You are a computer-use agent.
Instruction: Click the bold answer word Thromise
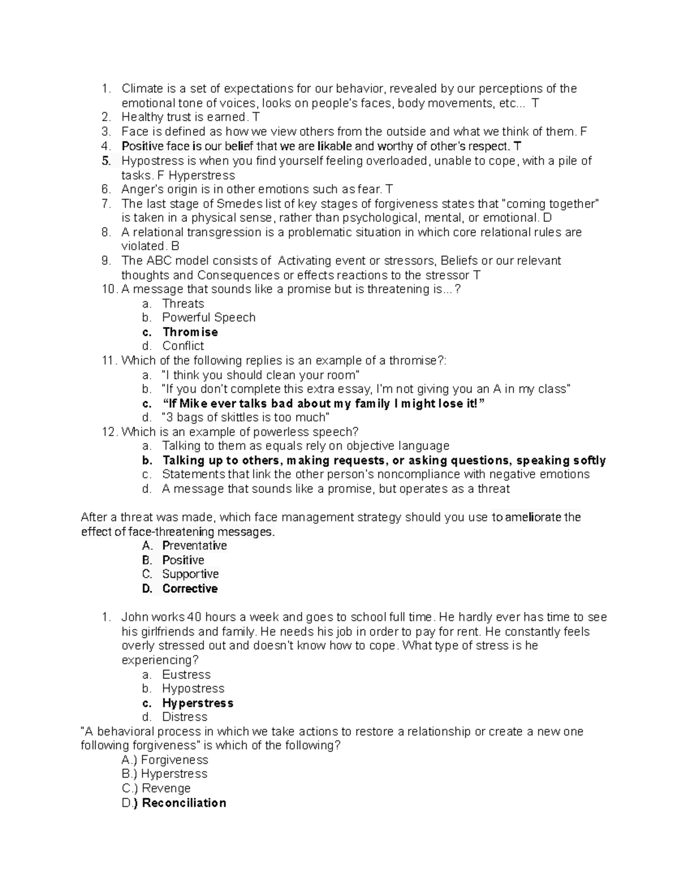(x=190, y=332)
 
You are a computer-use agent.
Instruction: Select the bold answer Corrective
(x=190, y=588)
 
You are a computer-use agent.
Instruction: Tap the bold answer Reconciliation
(x=184, y=803)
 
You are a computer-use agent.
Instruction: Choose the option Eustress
(x=186, y=674)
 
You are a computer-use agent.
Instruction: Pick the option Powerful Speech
(x=209, y=317)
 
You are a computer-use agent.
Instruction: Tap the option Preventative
(x=194, y=546)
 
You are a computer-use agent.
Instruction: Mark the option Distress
(x=185, y=717)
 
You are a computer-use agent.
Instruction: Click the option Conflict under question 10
(x=183, y=346)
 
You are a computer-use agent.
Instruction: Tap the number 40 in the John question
(x=194, y=617)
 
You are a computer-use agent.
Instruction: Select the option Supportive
(x=190, y=574)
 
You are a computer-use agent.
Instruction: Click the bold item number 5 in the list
(x=106, y=160)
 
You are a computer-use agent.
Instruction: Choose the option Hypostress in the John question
(x=193, y=688)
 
